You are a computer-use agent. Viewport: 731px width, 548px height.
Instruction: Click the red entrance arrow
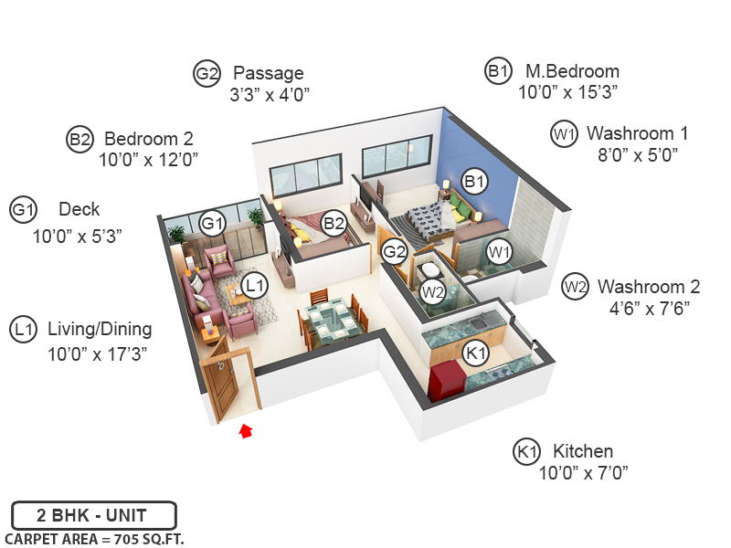pyautogui.click(x=245, y=431)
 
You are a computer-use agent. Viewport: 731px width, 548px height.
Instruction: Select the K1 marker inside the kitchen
pyautogui.click(x=477, y=353)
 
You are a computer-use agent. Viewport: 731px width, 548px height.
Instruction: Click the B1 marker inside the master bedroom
pyautogui.click(x=473, y=182)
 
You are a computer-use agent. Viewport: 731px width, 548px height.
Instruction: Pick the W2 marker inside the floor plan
pyautogui.click(x=432, y=293)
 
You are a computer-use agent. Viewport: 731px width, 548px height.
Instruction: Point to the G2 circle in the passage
pyautogui.click(x=395, y=251)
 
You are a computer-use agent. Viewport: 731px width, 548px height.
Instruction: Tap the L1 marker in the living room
pyautogui.click(x=256, y=285)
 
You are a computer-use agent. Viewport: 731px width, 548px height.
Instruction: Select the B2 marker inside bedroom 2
pyautogui.click(x=334, y=222)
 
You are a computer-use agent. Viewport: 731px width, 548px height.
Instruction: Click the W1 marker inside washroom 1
pyautogui.click(x=498, y=250)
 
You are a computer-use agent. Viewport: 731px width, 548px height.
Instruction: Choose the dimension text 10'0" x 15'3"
pyautogui.click(x=568, y=92)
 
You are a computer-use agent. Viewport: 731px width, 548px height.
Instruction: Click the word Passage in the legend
pyautogui.click(x=269, y=73)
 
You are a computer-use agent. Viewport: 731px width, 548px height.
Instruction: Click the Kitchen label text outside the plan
pyautogui.click(x=582, y=451)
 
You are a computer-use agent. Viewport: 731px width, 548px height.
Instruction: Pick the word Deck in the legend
pyautogui.click(x=79, y=209)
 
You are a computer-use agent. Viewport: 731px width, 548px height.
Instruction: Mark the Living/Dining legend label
pyautogui.click(x=100, y=329)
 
